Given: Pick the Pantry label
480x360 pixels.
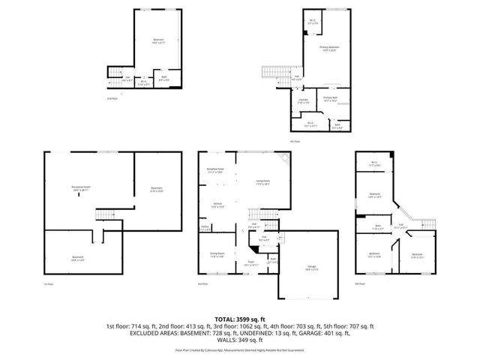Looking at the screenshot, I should (204, 228).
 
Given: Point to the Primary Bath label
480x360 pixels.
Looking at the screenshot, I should (331, 98).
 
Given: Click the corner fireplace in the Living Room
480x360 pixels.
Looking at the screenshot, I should (283, 160).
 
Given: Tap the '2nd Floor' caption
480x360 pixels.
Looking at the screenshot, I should (111, 97).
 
